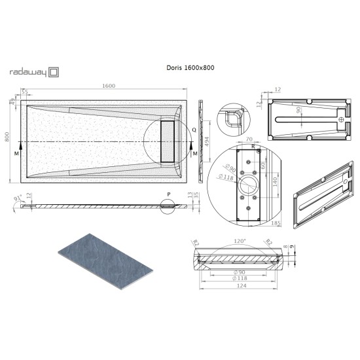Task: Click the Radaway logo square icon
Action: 56,73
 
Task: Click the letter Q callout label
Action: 194,130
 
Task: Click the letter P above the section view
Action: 168,194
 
